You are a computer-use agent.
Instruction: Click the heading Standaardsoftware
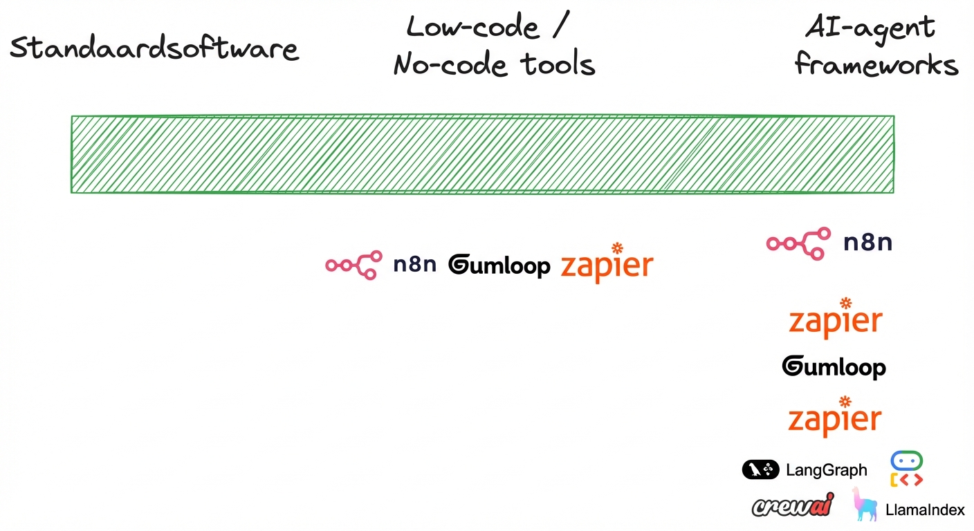pyautogui.click(x=154, y=48)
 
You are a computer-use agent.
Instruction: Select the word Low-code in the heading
pyautogui.click(x=472, y=28)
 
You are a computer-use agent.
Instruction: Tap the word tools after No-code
pyautogui.click(x=557, y=66)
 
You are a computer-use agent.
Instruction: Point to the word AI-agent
pyautogui.click(x=870, y=28)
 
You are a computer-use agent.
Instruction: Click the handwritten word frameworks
pyautogui.click(x=876, y=66)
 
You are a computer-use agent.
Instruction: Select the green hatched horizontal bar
pyautogui.click(x=482, y=154)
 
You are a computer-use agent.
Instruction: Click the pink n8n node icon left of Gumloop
pyautogui.click(x=353, y=265)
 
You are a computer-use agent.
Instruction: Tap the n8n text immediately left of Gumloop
pyautogui.click(x=414, y=265)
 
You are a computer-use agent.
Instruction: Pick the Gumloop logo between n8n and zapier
pyautogui.click(x=499, y=265)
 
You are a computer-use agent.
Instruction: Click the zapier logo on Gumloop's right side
pyautogui.click(x=606, y=265)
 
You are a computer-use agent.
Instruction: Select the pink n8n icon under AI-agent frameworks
pyautogui.click(x=798, y=243)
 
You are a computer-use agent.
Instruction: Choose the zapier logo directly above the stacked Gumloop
pyautogui.click(x=836, y=320)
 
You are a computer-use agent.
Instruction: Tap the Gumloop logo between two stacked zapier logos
pyautogui.click(x=834, y=367)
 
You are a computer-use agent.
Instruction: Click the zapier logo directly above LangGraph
pyautogui.click(x=835, y=418)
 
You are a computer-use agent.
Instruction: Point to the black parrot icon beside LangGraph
pyautogui.click(x=760, y=470)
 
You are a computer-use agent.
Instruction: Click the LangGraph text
pyautogui.click(x=826, y=471)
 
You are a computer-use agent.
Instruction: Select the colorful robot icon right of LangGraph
pyautogui.click(x=906, y=469)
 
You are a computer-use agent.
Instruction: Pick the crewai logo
pyautogui.click(x=793, y=506)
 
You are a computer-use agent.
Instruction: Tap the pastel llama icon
pyautogui.click(x=865, y=505)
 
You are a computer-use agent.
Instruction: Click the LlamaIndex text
pyautogui.click(x=925, y=511)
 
